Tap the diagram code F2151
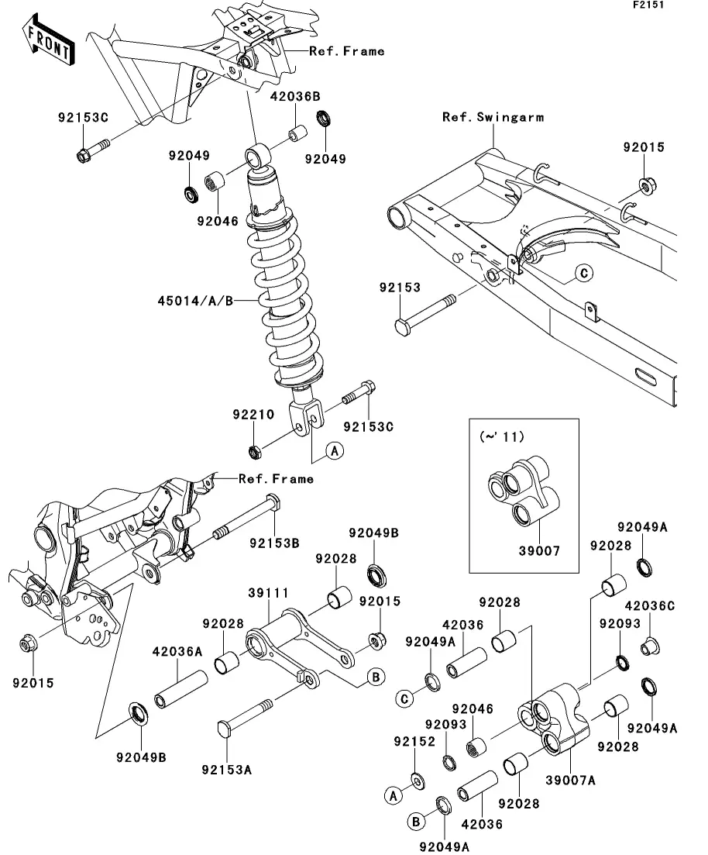click(648, 5)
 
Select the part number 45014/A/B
click(195, 301)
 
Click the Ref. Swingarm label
click(493, 117)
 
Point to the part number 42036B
click(295, 97)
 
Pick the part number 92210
click(253, 415)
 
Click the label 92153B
click(275, 543)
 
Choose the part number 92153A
click(227, 770)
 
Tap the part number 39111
click(268, 592)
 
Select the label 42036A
click(177, 651)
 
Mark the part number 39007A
click(571, 781)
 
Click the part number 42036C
click(650, 606)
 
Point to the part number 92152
click(414, 742)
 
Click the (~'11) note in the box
click(501, 436)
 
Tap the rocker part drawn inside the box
click(523, 491)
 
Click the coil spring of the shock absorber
click(284, 300)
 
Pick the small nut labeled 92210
click(253, 451)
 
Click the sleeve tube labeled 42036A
click(181, 689)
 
